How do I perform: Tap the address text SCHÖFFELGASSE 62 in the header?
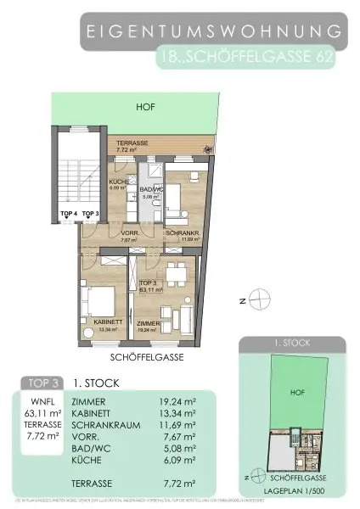(251, 59)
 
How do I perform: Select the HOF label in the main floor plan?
(145, 108)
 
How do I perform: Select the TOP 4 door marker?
(69, 214)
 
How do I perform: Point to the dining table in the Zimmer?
(177, 273)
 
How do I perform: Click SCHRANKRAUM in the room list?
(106, 427)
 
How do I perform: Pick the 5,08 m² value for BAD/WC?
(188, 452)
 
